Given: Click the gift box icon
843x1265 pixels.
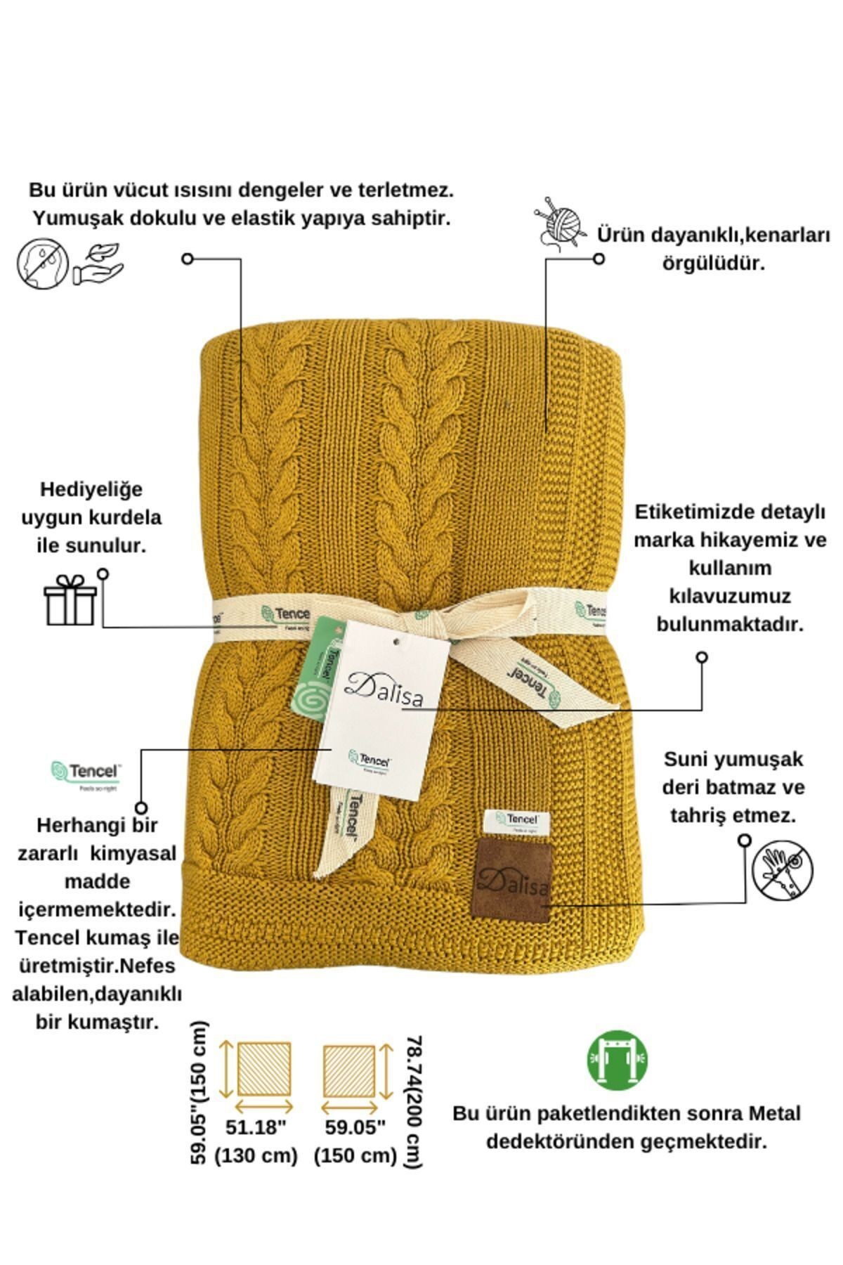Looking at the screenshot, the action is tap(70, 599).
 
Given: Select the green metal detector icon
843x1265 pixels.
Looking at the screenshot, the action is tap(617, 1060).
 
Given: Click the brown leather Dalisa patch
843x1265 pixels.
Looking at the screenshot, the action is tap(511, 878).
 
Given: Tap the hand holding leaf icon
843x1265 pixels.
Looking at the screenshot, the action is tap(98, 264).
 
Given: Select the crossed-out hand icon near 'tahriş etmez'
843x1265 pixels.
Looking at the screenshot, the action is tap(783, 870).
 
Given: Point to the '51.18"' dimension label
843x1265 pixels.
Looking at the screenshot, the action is tap(256, 1127).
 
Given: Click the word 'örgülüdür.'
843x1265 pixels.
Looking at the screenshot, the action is tap(714, 264).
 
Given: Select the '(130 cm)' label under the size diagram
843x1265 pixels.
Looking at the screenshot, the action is tap(256, 1155).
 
